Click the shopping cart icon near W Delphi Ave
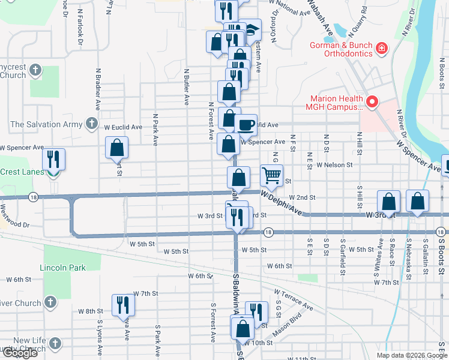coord(272,175)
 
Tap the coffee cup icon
coord(245,125)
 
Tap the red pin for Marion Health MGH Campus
coord(372,103)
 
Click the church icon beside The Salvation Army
coord(91,124)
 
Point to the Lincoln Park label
coord(62,268)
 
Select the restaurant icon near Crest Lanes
coord(53,160)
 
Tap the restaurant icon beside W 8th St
coord(123,304)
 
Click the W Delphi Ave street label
coord(281,202)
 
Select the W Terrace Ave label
coord(294,299)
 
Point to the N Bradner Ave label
coord(97,89)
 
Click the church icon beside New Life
coord(55,344)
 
